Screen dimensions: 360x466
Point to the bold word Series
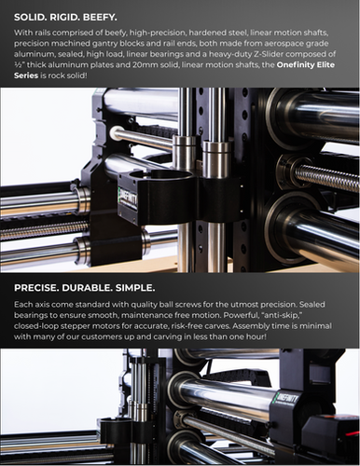(x=26, y=75)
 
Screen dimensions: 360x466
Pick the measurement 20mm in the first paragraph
(x=144, y=65)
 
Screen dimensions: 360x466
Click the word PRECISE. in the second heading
(x=36, y=288)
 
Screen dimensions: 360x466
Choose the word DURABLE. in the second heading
(x=87, y=288)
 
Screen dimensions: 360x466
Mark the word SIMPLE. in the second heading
(x=135, y=288)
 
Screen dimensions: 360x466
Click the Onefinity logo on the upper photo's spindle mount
(x=128, y=203)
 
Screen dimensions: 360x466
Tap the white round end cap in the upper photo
(x=114, y=132)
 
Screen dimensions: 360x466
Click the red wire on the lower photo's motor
(x=352, y=432)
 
